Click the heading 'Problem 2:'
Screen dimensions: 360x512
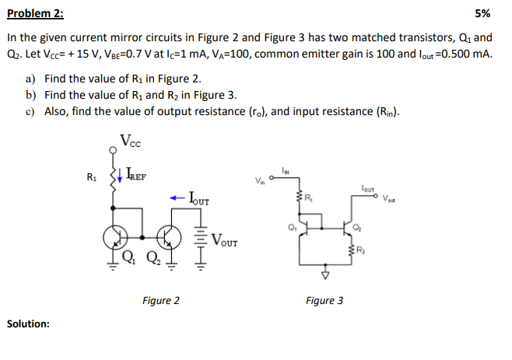pos(36,13)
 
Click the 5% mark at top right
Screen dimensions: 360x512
pos(482,13)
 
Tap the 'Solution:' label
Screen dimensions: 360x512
pos(28,323)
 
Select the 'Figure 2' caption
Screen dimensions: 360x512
pos(161,300)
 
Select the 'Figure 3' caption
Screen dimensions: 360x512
pos(324,300)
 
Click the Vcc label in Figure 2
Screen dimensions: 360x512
pos(132,141)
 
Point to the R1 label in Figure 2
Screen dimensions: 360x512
pos(93,177)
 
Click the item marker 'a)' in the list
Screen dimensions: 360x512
pos(30,79)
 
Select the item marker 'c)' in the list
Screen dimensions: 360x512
pos(30,111)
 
